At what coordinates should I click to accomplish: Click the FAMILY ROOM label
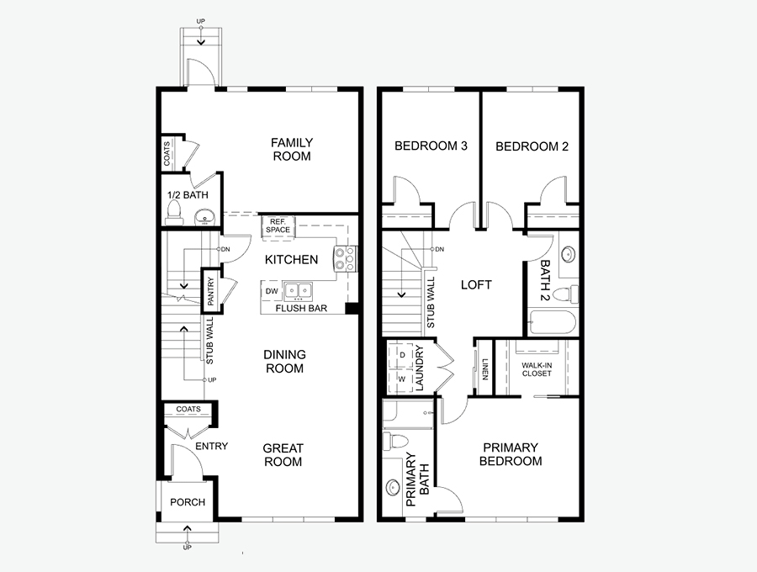click(x=292, y=149)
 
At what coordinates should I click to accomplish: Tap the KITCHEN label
click(x=291, y=260)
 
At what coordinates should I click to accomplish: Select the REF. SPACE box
click(x=278, y=226)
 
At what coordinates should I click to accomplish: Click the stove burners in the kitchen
click(x=345, y=258)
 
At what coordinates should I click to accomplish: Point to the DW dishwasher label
click(x=272, y=292)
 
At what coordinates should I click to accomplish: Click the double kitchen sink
click(x=298, y=291)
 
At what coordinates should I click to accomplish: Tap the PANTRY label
click(x=210, y=291)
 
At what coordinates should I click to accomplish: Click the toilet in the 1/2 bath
click(x=174, y=213)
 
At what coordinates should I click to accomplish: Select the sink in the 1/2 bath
click(x=205, y=217)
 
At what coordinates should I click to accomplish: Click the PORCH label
click(x=188, y=502)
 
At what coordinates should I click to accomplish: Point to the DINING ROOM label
click(x=284, y=362)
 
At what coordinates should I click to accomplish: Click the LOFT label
click(x=476, y=285)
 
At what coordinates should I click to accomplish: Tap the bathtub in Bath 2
click(x=553, y=322)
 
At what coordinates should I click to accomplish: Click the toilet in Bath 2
click(x=566, y=294)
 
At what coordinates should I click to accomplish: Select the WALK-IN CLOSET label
click(x=537, y=369)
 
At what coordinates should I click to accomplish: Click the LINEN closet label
click(x=484, y=369)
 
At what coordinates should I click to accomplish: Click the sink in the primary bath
click(x=393, y=488)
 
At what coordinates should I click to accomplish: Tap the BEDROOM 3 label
click(x=431, y=146)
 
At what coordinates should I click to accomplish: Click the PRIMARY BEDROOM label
click(x=511, y=454)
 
